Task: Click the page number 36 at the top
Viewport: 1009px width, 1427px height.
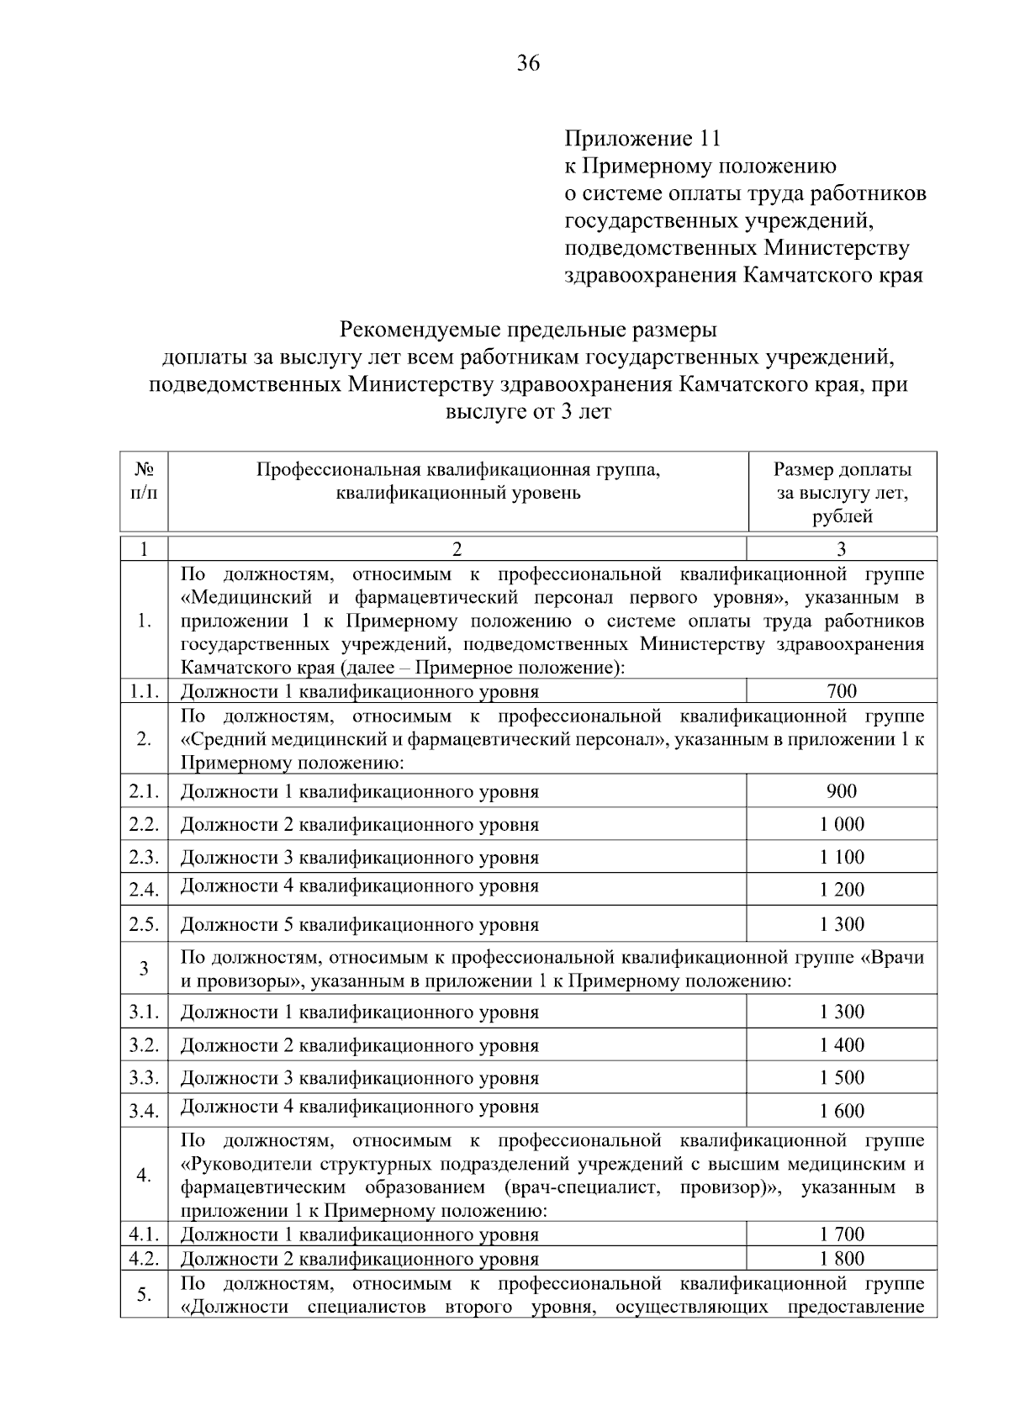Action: point(528,63)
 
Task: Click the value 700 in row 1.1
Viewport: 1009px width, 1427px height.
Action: point(842,691)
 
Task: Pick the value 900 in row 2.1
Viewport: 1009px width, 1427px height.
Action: point(842,791)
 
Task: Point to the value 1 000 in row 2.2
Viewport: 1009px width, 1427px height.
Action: point(842,824)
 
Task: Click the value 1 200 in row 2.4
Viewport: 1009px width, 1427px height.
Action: point(842,890)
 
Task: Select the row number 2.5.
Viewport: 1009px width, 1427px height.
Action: point(144,925)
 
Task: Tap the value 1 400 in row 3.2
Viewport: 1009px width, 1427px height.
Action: point(842,1045)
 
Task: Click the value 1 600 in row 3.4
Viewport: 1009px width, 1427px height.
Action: point(842,1112)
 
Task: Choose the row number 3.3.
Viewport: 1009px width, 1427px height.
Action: point(144,1078)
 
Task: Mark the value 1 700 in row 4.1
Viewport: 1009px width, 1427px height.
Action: point(842,1234)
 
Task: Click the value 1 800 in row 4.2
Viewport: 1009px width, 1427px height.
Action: point(842,1259)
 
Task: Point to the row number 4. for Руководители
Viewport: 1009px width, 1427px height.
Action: point(144,1175)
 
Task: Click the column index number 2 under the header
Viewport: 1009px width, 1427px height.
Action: point(457,550)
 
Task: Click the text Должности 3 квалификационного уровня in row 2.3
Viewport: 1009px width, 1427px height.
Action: point(360,859)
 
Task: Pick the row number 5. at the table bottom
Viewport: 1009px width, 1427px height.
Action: point(144,1294)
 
